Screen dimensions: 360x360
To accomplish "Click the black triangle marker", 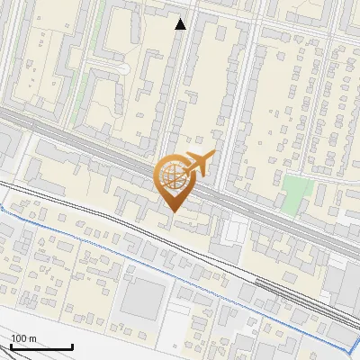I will point(181,24).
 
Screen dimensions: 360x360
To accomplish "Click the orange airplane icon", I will point(198,165).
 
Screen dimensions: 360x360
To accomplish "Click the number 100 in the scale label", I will point(19,338).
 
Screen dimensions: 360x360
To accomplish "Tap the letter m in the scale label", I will point(32,338).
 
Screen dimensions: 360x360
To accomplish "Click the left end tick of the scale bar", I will point(11,345).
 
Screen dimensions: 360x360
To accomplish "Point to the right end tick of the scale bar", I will point(72,345).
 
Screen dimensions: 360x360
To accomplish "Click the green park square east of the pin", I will point(296,192).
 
